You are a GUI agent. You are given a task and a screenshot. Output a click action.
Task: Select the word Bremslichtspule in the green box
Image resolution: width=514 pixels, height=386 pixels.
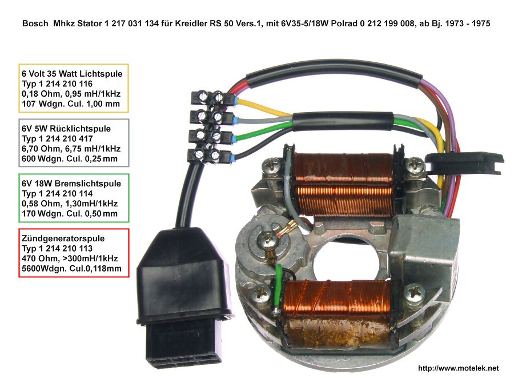click(87, 184)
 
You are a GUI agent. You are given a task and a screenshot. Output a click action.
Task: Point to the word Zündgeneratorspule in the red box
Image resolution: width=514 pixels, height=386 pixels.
click(63, 238)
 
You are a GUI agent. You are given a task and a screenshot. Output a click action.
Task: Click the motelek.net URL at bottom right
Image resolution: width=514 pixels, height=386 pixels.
click(458, 368)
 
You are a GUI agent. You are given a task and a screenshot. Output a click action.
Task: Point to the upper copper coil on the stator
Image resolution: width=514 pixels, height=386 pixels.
click(344, 185)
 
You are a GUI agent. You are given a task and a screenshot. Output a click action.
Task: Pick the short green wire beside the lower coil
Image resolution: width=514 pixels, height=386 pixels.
click(279, 285)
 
